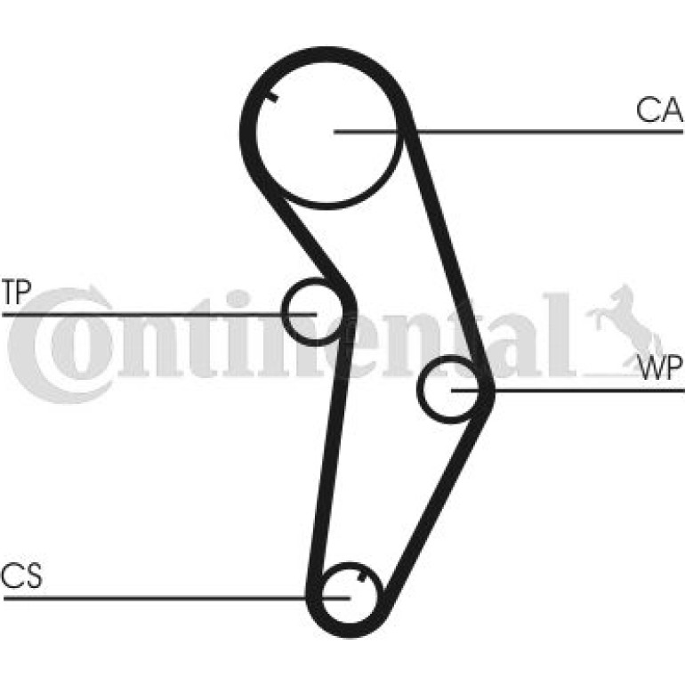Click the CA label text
(x=659, y=109)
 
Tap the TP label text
(x=16, y=292)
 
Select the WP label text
(x=660, y=368)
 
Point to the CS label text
(x=21, y=576)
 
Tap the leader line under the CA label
(x=508, y=131)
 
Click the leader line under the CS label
(x=176, y=598)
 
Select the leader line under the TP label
(x=159, y=314)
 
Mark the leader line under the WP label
(x=568, y=390)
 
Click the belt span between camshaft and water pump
(x=447, y=249)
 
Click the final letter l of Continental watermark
(x=558, y=335)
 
